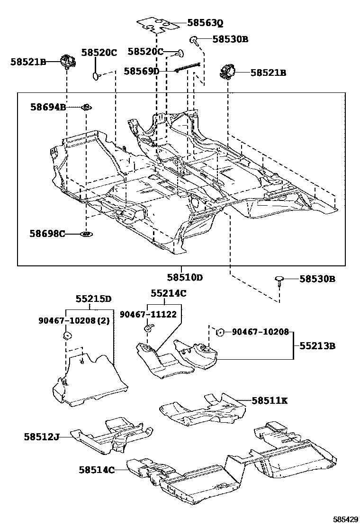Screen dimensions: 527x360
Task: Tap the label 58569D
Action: [x=142, y=71]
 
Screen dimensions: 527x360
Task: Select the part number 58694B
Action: [x=48, y=108]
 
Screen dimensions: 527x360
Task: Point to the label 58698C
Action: [x=47, y=234]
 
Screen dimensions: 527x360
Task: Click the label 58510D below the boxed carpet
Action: [x=184, y=277]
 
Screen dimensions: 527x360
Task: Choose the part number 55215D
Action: [x=93, y=299]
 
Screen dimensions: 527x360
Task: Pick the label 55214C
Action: [x=169, y=293]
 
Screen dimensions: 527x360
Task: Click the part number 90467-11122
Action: [x=148, y=314]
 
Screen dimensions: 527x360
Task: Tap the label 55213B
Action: [x=317, y=346]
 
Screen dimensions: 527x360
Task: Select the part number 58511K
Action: [x=270, y=401]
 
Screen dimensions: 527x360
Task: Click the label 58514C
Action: [x=97, y=470]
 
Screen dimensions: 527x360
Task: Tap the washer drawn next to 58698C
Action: [x=86, y=234]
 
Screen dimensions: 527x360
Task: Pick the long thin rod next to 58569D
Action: [x=189, y=67]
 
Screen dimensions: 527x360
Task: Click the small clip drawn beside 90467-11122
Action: [x=148, y=327]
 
